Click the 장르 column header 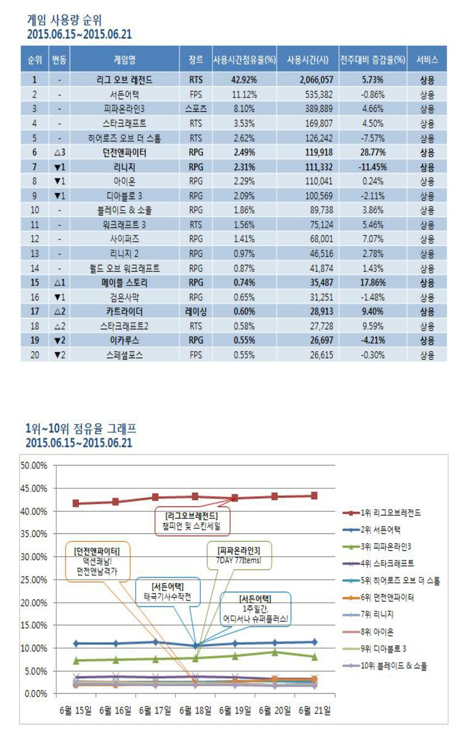(x=195, y=60)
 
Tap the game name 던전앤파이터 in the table (x=124, y=152)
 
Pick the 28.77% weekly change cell (x=372, y=152)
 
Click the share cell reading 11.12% (x=244, y=95)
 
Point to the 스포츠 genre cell (x=195, y=109)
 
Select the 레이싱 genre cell (x=195, y=312)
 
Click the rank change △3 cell (x=60, y=152)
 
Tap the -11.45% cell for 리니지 (x=372, y=167)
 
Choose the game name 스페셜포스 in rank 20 (x=124, y=355)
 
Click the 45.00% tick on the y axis (x=34, y=488)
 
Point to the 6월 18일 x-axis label (x=195, y=711)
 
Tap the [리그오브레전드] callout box (x=192, y=520)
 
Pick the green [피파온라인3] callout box (x=239, y=555)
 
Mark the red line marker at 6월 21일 (x=314, y=495)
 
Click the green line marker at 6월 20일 (x=274, y=652)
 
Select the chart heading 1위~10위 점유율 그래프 (x=81, y=428)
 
